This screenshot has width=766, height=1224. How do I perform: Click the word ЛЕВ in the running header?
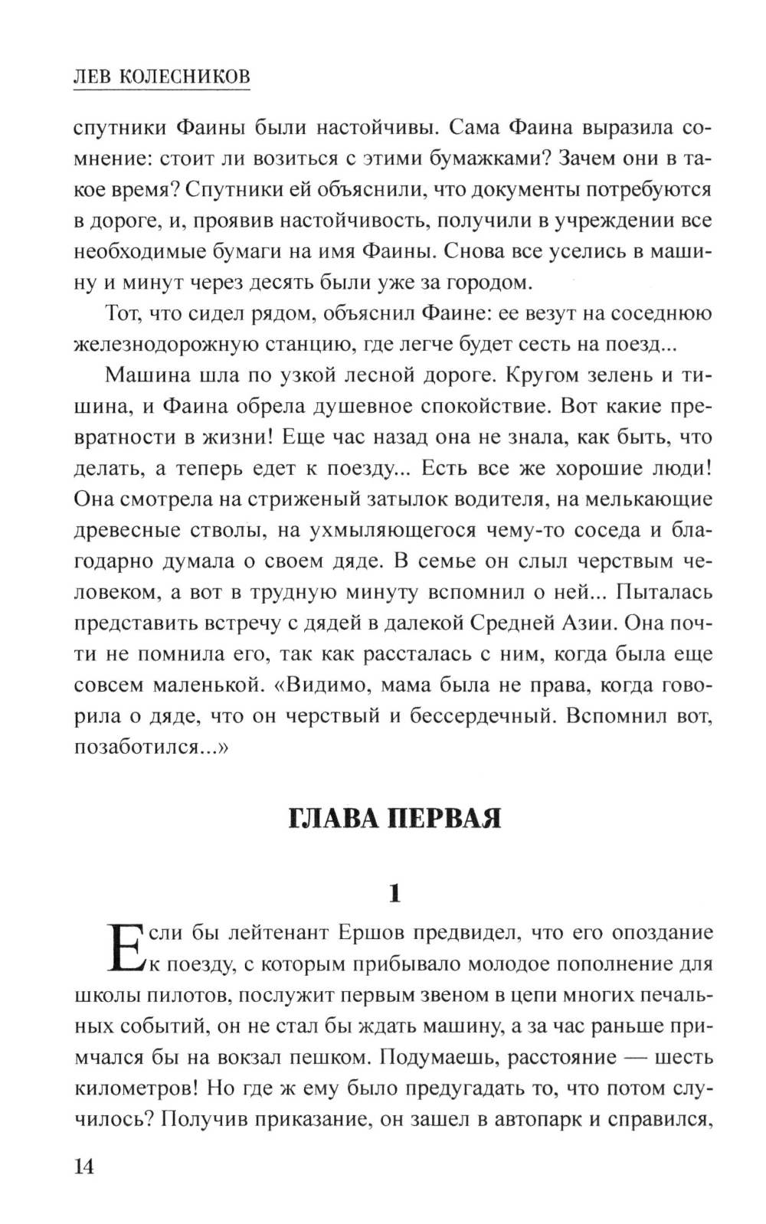[x=89, y=77]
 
